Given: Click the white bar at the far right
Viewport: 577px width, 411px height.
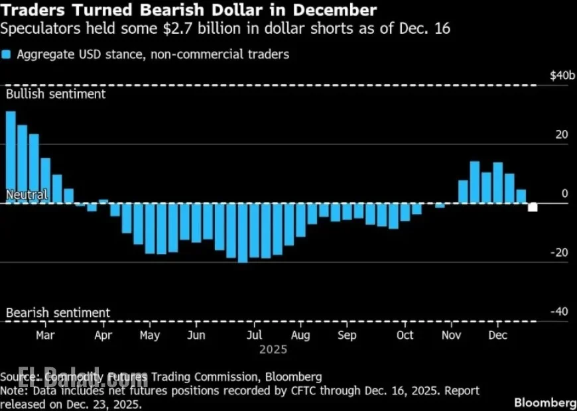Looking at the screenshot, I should (x=533, y=207).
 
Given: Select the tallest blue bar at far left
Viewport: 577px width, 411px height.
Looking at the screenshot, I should (x=11, y=156).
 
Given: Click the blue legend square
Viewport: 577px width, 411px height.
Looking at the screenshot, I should (x=6, y=54).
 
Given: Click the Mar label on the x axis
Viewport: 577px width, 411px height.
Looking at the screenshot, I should (x=45, y=335).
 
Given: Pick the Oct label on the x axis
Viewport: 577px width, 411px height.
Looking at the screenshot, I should (x=405, y=335).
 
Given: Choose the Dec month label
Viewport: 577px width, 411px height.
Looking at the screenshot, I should (x=497, y=335).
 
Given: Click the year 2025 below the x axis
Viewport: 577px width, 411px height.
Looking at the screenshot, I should (x=273, y=349).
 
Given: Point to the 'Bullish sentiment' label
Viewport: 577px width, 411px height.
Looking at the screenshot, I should (x=56, y=94).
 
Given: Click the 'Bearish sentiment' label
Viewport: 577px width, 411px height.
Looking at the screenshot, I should (x=58, y=313).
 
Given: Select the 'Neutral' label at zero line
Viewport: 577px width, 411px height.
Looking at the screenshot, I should (x=27, y=195).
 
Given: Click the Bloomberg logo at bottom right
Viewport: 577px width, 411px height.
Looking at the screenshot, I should (x=545, y=402).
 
